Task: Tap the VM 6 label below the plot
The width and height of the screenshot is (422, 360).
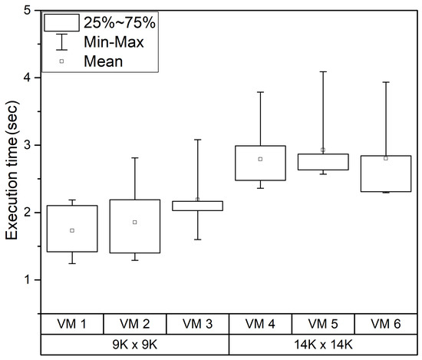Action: click(x=384, y=322)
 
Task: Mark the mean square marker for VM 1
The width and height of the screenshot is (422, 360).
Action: click(x=72, y=230)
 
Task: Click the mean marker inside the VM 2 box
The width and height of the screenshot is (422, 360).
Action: click(x=134, y=222)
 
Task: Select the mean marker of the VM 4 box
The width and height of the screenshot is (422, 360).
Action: click(x=260, y=159)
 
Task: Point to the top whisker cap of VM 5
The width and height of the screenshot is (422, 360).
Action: click(x=322, y=71)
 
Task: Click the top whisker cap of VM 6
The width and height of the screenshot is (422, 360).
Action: click(x=385, y=82)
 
